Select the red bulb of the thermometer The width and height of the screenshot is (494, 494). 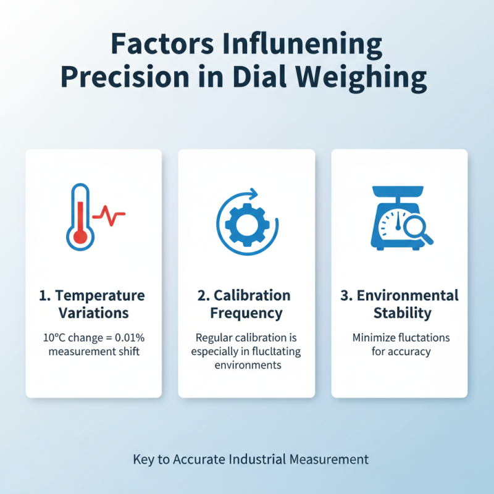click(x=79, y=237)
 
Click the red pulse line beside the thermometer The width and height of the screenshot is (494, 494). click(x=111, y=216)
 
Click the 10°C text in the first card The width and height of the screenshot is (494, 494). click(x=54, y=338)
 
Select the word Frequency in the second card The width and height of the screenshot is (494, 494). click(x=246, y=313)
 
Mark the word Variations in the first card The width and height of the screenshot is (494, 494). click(x=94, y=313)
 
